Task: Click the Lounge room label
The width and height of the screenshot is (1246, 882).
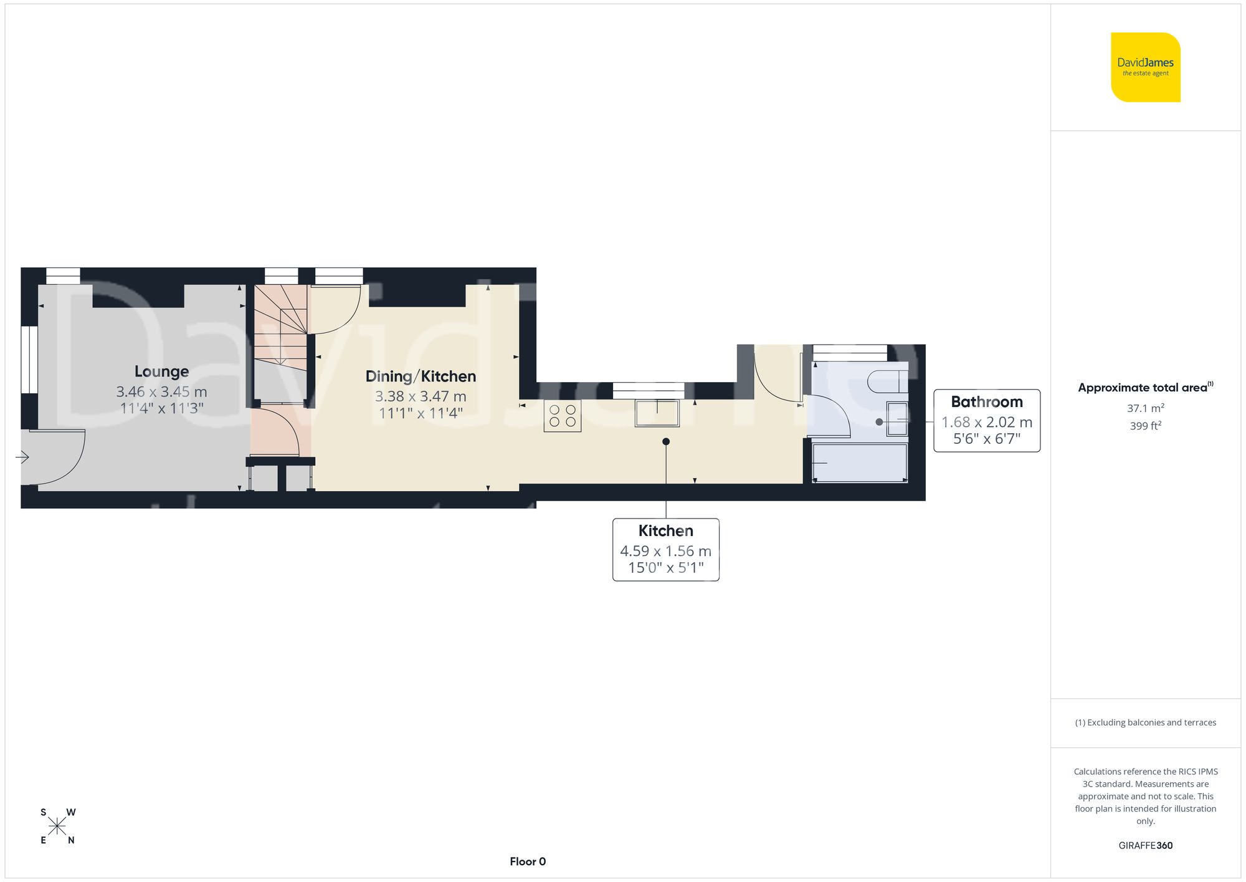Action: coord(161,371)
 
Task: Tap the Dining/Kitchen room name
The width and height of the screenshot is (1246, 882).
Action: coord(421,376)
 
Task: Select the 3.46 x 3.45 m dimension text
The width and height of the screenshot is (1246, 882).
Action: coord(161,392)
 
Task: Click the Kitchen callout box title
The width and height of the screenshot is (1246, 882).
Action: coord(665,531)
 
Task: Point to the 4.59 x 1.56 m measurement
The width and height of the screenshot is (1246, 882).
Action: coord(665,551)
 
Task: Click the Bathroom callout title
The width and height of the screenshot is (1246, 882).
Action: coord(986,402)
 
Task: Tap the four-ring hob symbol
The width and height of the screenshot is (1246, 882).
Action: coord(562,416)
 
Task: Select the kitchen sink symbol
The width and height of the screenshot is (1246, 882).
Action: coord(657,413)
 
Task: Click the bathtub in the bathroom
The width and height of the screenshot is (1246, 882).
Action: coord(860,463)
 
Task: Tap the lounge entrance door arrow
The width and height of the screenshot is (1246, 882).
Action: coord(22,458)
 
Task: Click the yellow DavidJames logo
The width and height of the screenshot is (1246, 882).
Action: coord(1145,67)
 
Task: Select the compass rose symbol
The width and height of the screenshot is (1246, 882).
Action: coord(57,827)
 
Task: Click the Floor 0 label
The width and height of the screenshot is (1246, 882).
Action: coord(528,861)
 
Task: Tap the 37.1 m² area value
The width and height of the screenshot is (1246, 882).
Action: coord(1145,408)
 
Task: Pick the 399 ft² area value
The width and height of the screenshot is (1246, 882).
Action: coord(1145,426)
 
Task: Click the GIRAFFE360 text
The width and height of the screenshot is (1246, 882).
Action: coord(1145,845)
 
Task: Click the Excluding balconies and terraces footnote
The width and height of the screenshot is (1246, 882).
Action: coord(1145,722)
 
